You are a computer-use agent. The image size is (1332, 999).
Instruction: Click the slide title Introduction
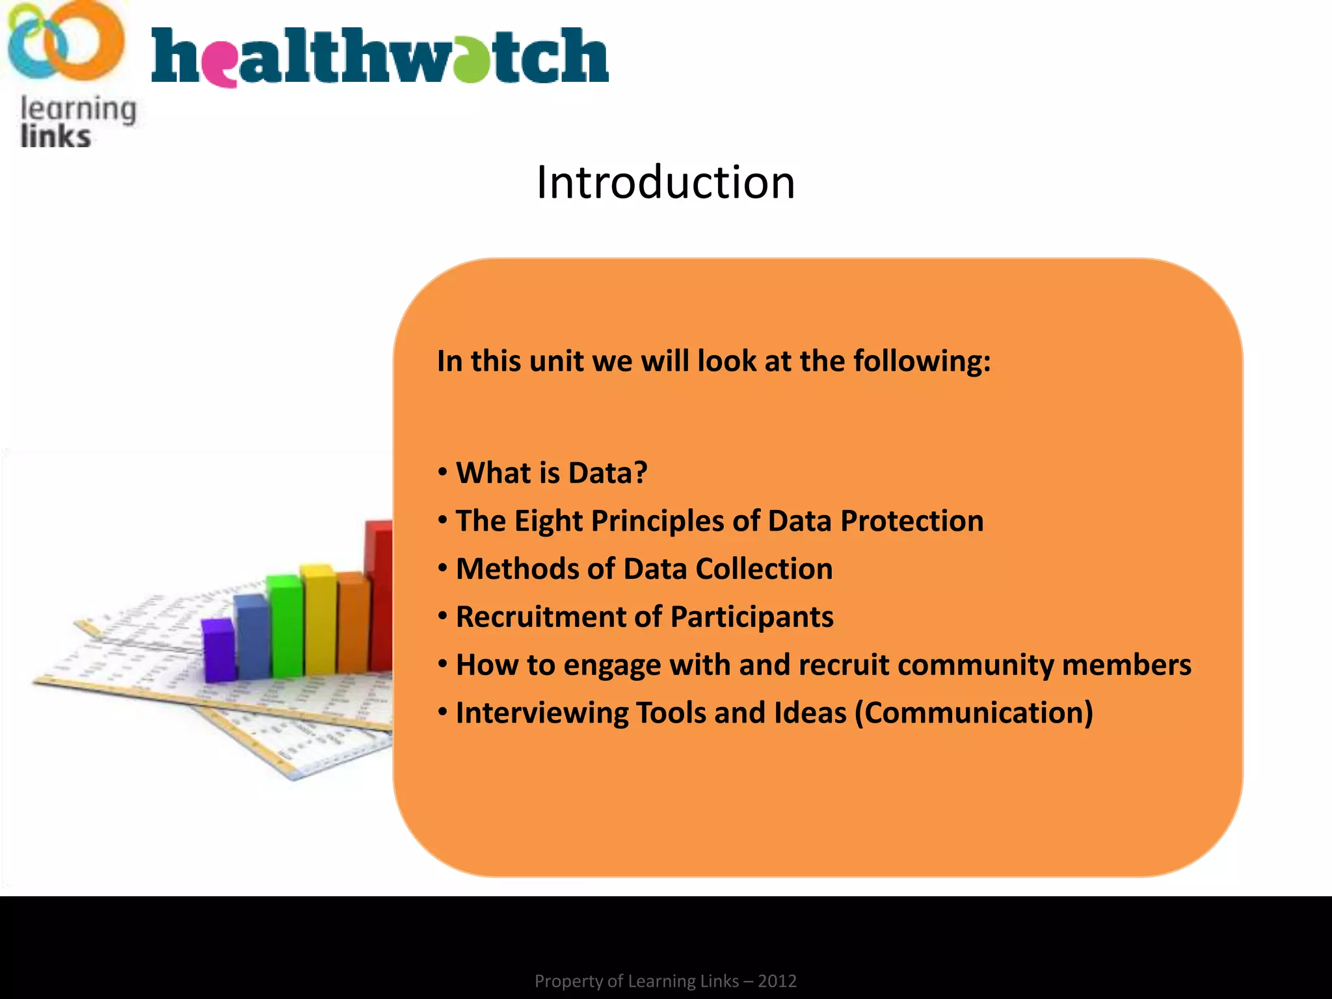(x=665, y=182)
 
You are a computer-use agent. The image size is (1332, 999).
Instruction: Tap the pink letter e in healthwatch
(x=222, y=62)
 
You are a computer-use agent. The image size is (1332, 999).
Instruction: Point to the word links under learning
(x=55, y=137)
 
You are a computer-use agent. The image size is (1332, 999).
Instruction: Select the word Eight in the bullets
(x=548, y=521)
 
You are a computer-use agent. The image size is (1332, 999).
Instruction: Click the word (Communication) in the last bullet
(x=974, y=713)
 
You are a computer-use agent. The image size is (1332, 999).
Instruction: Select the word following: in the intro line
(x=922, y=362)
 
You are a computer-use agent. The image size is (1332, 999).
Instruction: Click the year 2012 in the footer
(x=777, y=981)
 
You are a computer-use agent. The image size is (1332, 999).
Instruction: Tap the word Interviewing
(x=542, y=713)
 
